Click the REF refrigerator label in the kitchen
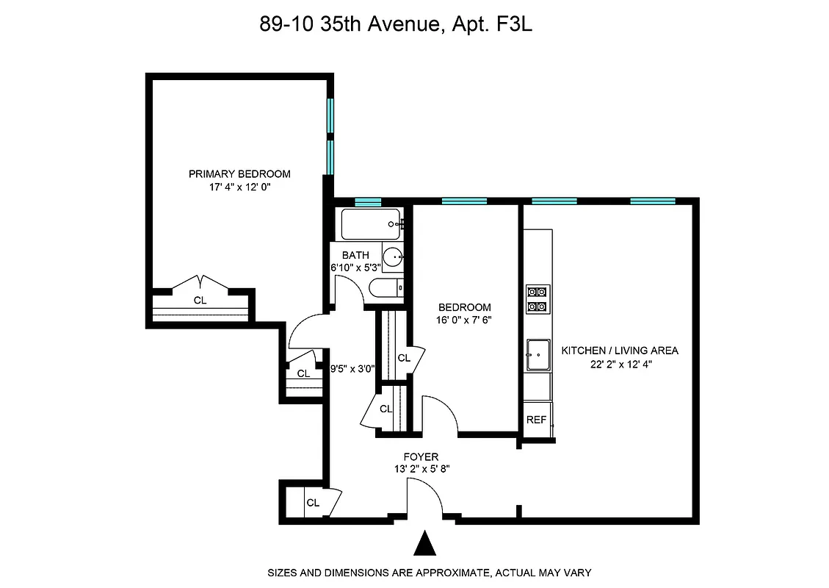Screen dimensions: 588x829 tap(536, 420)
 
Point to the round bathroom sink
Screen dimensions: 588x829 tap(394, 257)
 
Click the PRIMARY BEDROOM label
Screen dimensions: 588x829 tap(239, 174)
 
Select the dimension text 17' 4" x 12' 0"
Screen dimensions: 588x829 tap(239, 187)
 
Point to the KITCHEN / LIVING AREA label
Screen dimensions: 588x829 tap(620, 351)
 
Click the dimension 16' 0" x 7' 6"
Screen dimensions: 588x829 tap(464, 320)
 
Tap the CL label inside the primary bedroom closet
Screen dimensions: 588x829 tap(200, 300)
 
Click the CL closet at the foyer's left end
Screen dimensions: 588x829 tap(314, 503)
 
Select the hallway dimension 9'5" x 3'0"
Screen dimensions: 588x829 tap(354, 370)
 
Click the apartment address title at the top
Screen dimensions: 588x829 tap(395, 25)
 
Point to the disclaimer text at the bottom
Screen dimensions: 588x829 tap(429, 572)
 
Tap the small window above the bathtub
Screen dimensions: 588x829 tap(368, 201)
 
